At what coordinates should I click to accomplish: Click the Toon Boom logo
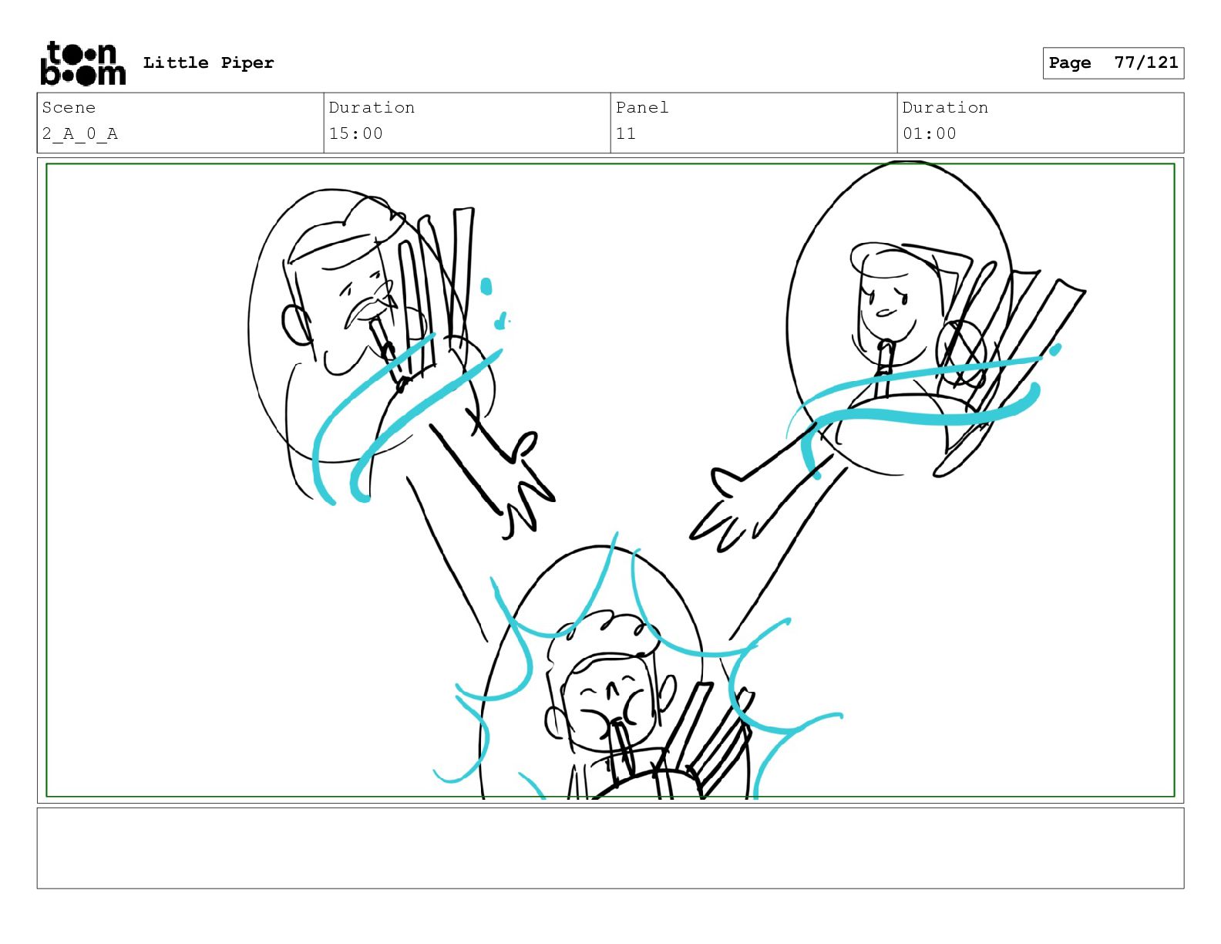[x=83, y=63]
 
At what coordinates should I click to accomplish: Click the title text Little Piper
[x=208, y=62]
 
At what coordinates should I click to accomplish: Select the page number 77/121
[x=1145, y=62]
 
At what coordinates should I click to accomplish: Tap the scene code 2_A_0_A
[x=80, y=133]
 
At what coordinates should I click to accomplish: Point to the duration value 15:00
[x=355, y=133]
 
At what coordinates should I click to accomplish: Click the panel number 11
[x=625, y=133]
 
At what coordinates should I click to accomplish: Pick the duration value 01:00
[x=930, y=133]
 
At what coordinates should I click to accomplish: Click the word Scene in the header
[x=69, y=107]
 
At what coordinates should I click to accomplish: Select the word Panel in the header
[x=642, y=107]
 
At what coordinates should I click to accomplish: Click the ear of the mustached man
[x=295, y=325]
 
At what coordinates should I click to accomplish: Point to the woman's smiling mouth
[x=886, y=312]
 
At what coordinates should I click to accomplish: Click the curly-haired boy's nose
[x=611, y=689]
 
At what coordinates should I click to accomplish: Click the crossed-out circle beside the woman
[x=960, y=352]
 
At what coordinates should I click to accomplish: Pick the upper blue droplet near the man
[x=486, y=286]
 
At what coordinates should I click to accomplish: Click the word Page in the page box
[x=1070, y=62]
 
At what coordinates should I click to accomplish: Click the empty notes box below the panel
[x=610, y=848]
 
